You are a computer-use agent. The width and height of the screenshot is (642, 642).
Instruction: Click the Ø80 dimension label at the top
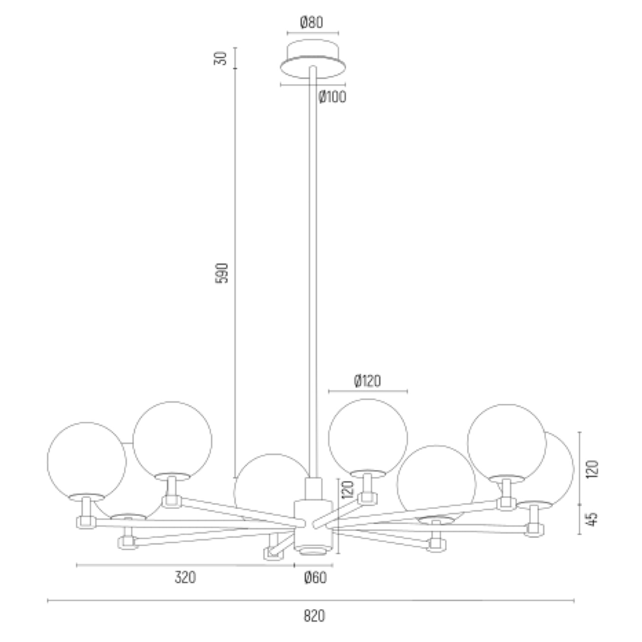click(x=312, y=23)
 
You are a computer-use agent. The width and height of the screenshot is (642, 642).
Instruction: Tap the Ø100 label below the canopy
click(x=332, y=97)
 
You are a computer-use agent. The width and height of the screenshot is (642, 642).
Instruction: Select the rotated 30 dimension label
click(x=220, y=58)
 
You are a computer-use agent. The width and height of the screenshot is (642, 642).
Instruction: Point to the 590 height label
click(x=222, y=273)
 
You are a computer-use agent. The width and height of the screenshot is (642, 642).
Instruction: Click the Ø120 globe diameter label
click(x=367, y=381)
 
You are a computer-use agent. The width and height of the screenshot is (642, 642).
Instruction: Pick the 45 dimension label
click(x=592, y=520)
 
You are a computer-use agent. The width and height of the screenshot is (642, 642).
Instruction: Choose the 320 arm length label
click(x=185, y=577)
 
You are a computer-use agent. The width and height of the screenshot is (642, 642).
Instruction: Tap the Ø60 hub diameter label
click(x=315, y=577)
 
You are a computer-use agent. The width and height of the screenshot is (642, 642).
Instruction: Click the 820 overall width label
click(x=314, y=616)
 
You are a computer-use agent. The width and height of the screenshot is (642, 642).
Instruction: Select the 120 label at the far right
click(x=592, y=469)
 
